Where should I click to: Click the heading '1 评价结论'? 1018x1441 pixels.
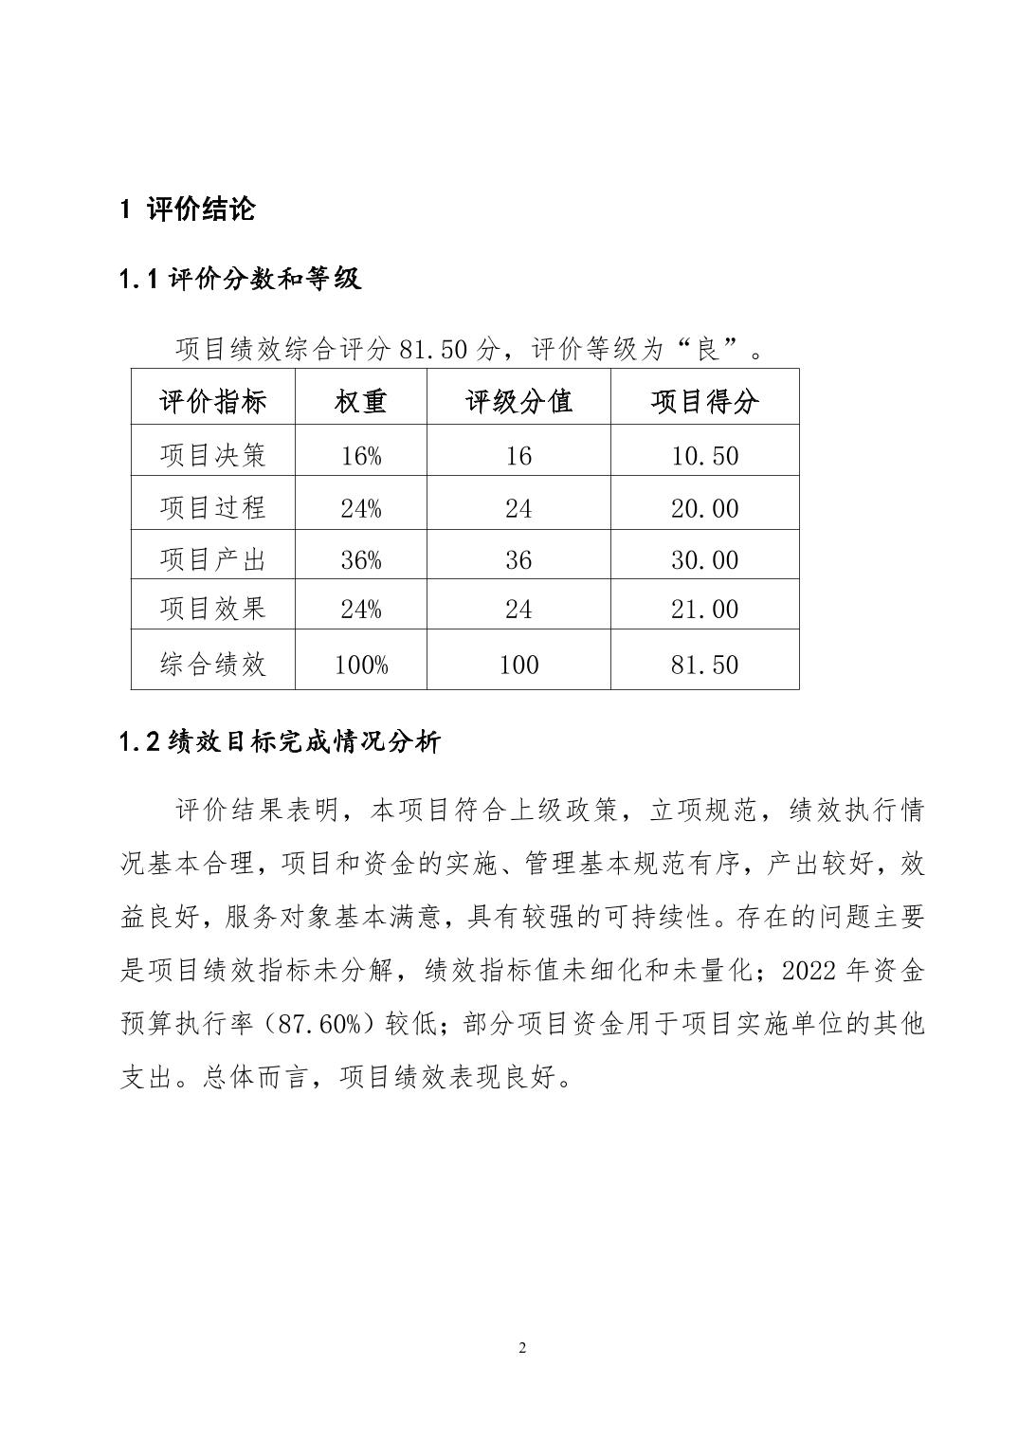click(188, 209)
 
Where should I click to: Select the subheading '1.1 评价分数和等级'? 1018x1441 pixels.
click(241, 280)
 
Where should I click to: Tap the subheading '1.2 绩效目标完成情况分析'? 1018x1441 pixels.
click(280, 742)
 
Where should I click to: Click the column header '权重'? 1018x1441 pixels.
click(360, 401)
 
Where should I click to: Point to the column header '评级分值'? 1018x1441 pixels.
click(518, 401)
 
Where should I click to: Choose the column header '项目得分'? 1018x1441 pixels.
click(704, 401)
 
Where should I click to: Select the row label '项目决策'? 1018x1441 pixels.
click(213, 456)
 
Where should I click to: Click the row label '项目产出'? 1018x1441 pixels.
click(213, 559)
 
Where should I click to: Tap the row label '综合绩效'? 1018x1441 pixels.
click(213, 664)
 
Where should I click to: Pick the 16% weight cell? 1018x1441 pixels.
click(360, 457)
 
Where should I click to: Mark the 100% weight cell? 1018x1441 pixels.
click(360, 665)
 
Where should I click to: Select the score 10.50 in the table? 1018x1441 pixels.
click(704, 457)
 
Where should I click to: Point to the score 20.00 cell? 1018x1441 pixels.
click(704, 509)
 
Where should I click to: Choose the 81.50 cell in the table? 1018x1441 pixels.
click(704, 665)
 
